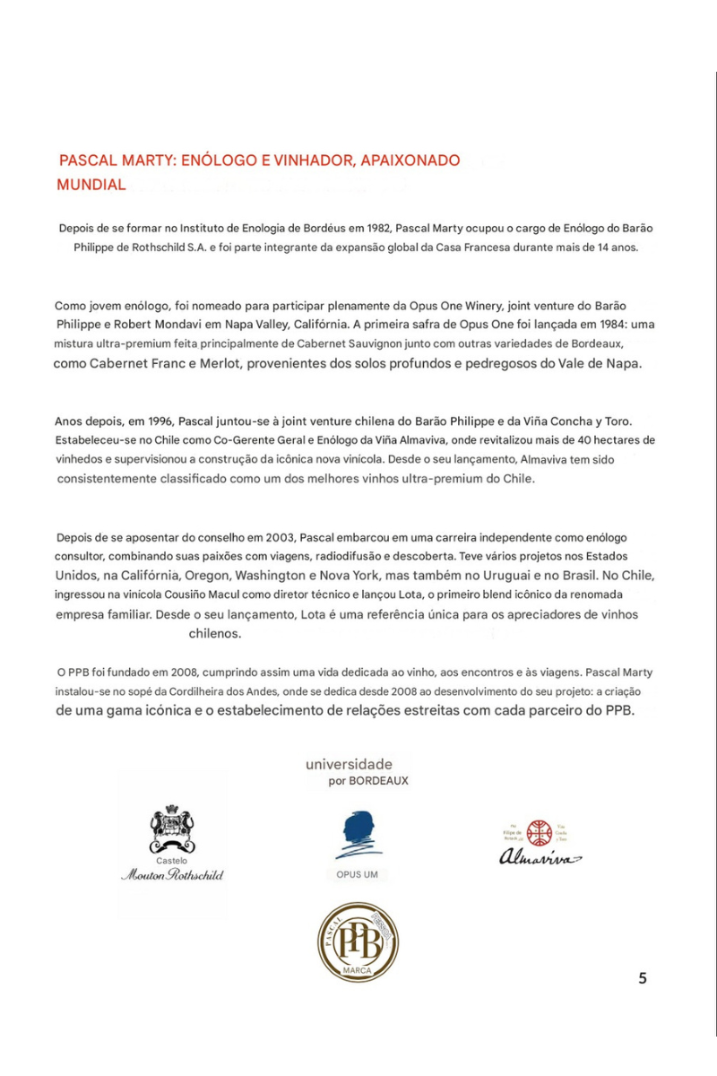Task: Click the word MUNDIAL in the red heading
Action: coord(91,185)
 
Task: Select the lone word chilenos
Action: coord(215,633)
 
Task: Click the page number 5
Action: coord(642,977)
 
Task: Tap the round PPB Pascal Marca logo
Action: coord(357,941)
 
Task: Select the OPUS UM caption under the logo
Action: coord(357,874)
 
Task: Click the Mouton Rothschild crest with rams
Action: coord(172,827)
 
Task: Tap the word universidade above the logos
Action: coord(349,764)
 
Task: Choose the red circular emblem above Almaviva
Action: coord(539,833)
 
